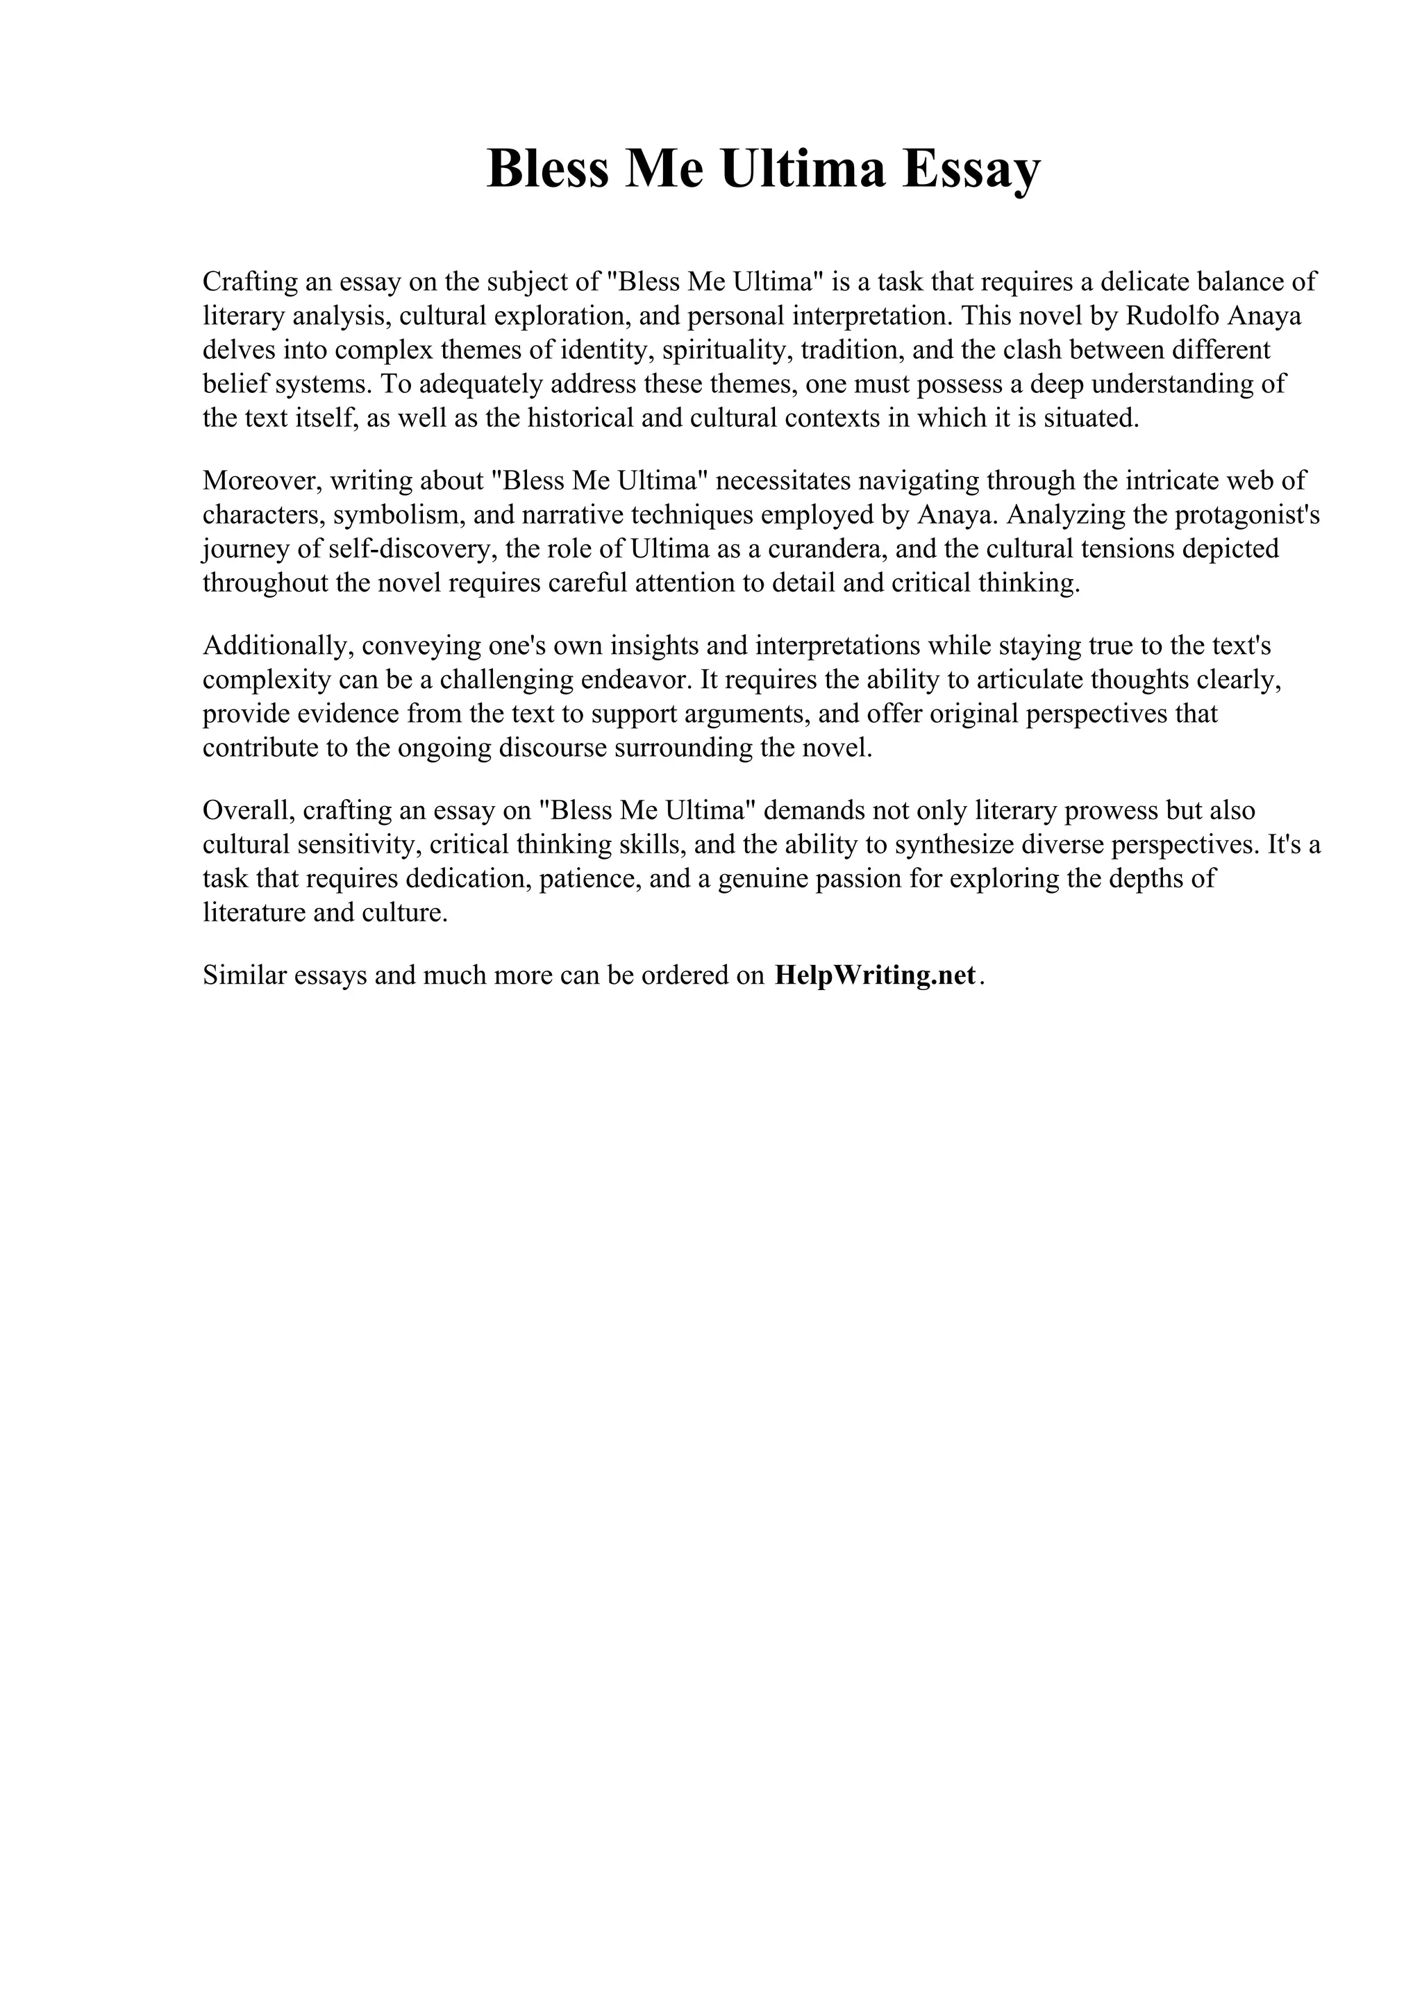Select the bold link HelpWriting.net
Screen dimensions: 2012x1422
[874, 975]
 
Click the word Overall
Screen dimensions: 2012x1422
[249, 811]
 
